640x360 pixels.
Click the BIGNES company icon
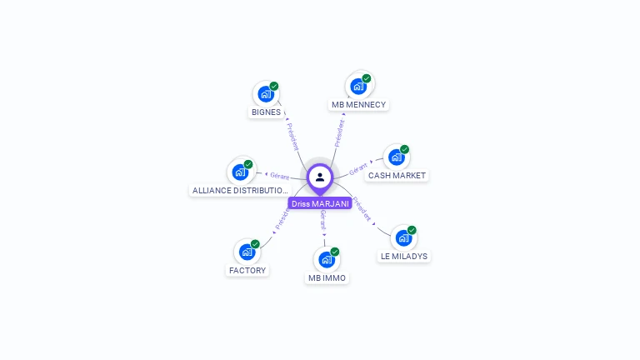coord(266,93)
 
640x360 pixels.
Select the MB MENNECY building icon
coord(358,86)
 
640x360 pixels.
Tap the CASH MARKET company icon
coord(397,157)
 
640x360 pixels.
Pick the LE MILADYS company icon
coord(403,237)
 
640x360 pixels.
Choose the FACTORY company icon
coord(247,251)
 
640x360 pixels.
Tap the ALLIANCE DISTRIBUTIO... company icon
coord(241,172)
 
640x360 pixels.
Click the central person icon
coord(320,177)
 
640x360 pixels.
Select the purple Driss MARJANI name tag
coord(320,203)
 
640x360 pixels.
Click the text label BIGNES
coord(266,112)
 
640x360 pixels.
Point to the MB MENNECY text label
coord(358,105)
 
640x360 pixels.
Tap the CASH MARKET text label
coord(397,176)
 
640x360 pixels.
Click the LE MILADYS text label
coord(404,257)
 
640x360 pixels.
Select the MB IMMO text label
coord(327,278)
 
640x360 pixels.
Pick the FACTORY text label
coord(247,270)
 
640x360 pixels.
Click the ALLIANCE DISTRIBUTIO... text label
coord(240,191)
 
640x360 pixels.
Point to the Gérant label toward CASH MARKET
coord(359,167)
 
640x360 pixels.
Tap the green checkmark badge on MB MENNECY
coord(367,78)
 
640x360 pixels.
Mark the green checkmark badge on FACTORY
coord(255,243)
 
